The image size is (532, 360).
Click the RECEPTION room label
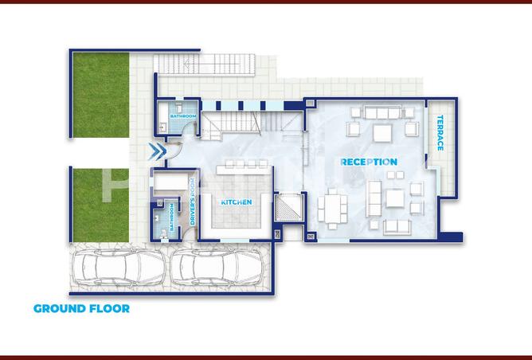369,162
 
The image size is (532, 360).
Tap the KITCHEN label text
237,202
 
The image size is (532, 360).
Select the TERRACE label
439,134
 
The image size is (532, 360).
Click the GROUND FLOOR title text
81,308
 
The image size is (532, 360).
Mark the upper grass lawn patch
100,95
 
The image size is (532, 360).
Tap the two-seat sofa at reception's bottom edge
396,227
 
